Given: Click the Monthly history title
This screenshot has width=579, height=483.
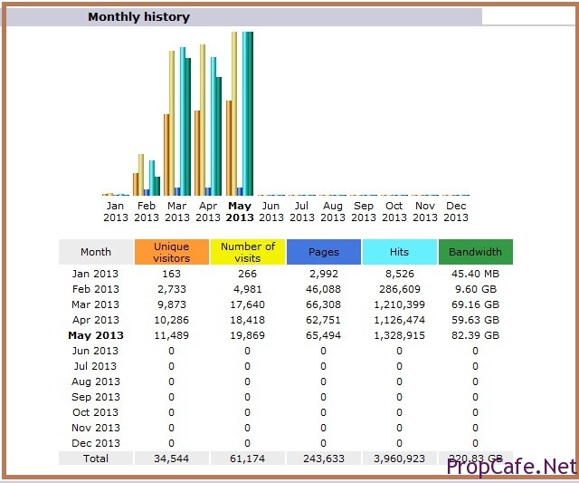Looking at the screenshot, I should click(138, 16).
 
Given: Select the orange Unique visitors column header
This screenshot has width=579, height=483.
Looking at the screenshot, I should click(171, 252).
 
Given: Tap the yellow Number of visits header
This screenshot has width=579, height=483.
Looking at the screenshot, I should click(247, 252).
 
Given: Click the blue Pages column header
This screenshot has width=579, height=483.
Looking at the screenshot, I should click(323, 252).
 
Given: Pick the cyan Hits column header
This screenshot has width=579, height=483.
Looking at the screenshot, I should click(399, 252).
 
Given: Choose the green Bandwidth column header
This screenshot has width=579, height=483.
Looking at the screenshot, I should click(475, 252).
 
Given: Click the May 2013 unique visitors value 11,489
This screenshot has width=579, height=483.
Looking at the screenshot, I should click(171, 335).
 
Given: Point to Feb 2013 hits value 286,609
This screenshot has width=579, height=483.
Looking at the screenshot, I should click(399, 289).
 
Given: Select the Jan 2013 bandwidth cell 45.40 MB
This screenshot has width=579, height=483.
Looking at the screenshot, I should click(475, 274).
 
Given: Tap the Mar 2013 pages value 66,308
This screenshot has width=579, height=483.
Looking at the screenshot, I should click(323, 304).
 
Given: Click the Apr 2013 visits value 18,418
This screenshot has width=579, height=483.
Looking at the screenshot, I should click(247, 320).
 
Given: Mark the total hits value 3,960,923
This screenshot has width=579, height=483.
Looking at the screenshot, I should click(399, 459).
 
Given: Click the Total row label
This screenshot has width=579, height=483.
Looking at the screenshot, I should click(95, 459).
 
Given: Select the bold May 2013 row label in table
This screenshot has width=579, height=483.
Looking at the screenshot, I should click(95, 335).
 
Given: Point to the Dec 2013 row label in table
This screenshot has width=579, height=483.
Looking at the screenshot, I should click(95, 443).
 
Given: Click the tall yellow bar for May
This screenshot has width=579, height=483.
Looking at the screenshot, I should click(234, 113).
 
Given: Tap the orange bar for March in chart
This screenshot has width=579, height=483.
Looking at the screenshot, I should click(166, 154).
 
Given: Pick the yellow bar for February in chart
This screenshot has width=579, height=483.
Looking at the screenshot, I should click(141, 174).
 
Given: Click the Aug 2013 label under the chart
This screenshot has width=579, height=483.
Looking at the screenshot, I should click(333, 211).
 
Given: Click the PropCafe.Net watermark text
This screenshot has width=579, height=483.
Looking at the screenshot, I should click(511, 467).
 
